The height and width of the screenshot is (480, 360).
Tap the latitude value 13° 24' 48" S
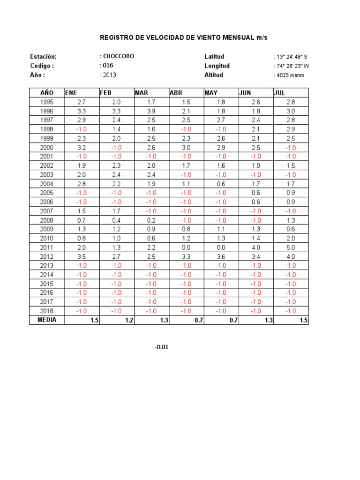click(292, 57)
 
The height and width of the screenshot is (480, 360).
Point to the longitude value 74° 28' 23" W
click(292, 66)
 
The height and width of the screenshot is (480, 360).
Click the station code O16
click(107, 66)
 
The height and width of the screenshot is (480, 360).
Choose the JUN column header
click(245, 93)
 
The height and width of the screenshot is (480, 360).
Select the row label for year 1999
click(47, 138)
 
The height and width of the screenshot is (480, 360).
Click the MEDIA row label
click(47, 320)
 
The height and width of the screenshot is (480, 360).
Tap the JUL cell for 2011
click(291, 247)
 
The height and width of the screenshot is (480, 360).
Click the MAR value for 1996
click(151, 111)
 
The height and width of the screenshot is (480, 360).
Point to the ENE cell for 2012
click(82, 256)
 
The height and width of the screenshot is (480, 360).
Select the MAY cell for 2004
click(221, 184)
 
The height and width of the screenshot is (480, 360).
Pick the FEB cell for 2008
click(116, 220)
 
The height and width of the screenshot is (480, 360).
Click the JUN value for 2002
click(256, 165)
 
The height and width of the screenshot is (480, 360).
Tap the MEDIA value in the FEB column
click(129, 321)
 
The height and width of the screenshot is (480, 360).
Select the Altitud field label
click(214, 75)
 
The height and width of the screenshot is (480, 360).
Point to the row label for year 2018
click(47, 311)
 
